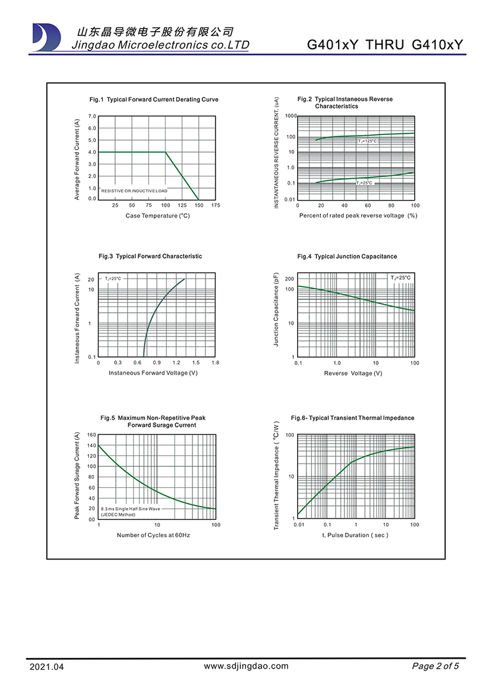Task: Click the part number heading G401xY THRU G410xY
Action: click(386, 45)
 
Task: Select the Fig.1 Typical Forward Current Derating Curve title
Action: click(154, 100)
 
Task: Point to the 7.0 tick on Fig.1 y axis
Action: click(92, 117)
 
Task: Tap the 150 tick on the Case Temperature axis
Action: click(199, 205)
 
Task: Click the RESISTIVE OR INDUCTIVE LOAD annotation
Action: click(135, 190)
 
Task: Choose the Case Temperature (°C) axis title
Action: click(158, 216)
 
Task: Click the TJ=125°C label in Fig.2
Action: click(367, 141)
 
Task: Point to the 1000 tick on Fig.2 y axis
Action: click(291, 117)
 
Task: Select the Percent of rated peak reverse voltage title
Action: click(357, 216)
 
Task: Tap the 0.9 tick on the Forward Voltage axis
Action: click(156, 362)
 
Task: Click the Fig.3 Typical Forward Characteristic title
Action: click(150, 256)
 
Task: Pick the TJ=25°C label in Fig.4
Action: click(400, 277)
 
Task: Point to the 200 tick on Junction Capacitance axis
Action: click(289, 279)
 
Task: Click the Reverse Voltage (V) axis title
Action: click(353, 373)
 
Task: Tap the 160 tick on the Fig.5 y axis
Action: click(91, 435)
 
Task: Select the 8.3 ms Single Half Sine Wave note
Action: click(130, 509)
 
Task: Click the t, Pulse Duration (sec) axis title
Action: click(355, 535)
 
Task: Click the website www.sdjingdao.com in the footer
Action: click(247, 666)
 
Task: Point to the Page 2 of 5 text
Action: click(435, 666)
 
